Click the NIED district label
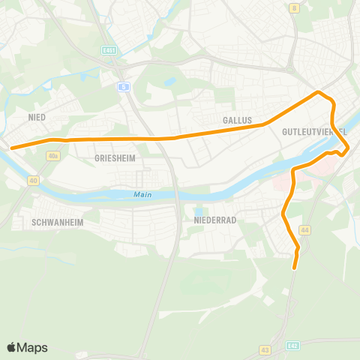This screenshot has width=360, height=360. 37,118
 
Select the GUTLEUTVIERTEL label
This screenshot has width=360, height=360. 314,131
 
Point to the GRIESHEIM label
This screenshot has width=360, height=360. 114,159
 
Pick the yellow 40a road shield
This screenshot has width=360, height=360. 52,156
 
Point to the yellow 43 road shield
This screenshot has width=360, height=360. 265,349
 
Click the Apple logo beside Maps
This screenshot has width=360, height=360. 12,347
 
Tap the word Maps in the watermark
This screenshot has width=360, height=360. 32,347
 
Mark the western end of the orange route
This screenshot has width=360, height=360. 11,148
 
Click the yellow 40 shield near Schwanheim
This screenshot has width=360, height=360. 34,181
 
